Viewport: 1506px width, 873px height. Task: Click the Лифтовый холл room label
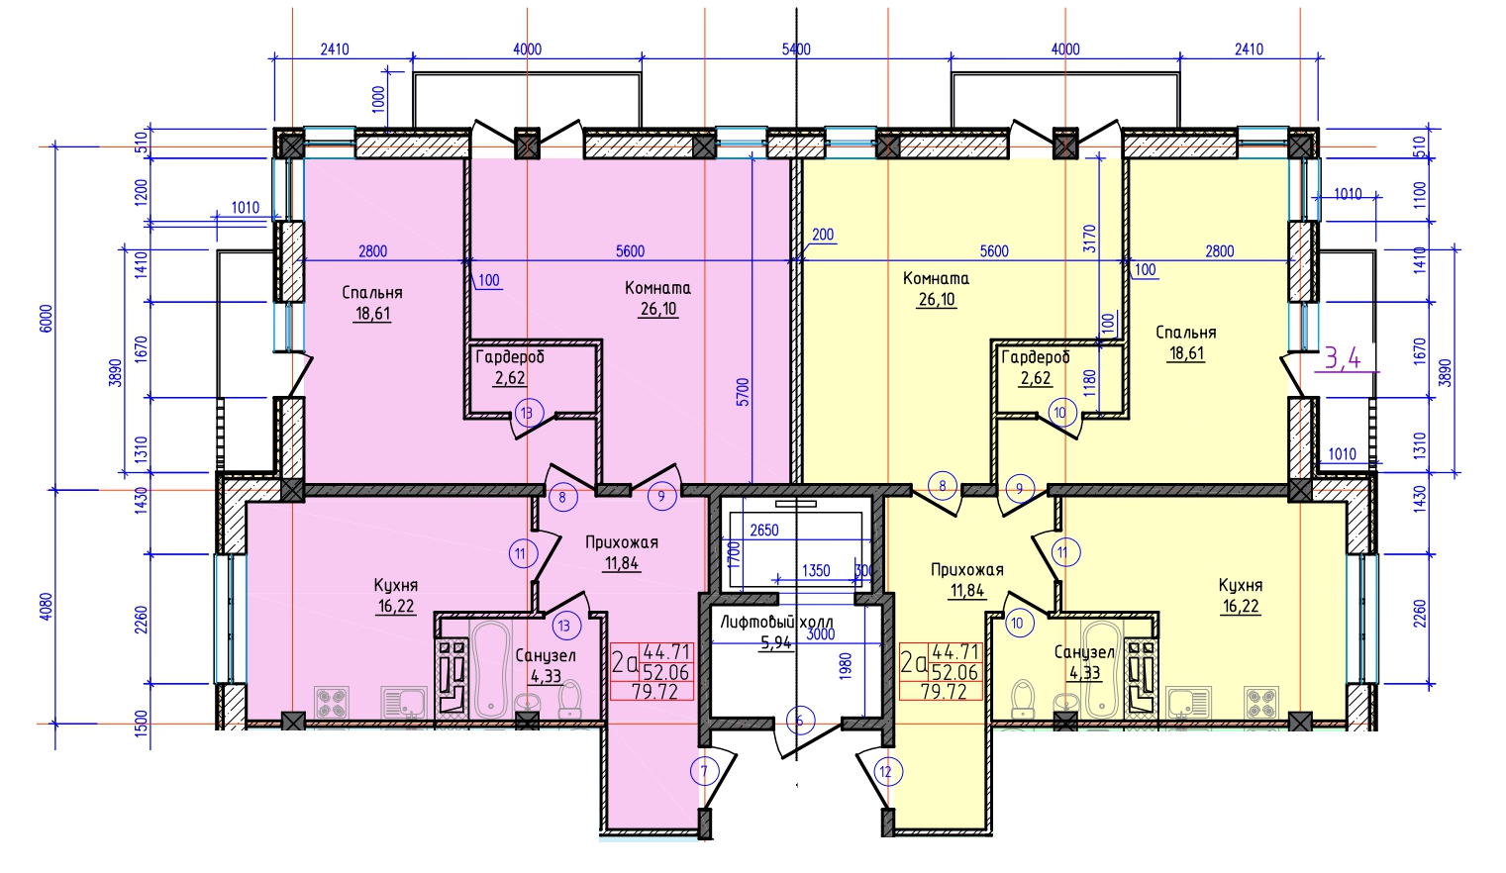776,622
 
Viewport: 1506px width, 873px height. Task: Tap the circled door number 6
799,722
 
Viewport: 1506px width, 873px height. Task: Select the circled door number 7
705,771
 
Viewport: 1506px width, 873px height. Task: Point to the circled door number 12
886,772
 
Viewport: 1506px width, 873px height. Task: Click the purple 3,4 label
1343,358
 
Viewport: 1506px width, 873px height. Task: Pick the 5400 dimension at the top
796,49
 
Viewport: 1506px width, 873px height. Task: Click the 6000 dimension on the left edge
46,318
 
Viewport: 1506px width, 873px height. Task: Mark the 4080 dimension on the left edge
46,606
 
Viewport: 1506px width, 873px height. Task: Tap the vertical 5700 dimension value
743,392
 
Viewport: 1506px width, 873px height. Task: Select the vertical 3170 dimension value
1090,238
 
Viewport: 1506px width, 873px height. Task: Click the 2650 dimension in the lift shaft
764,531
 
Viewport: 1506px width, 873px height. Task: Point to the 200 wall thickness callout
823,235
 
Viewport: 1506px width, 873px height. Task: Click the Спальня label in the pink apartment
371,292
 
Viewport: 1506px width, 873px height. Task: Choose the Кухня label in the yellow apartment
1241,585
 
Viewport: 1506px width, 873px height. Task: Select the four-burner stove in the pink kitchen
332,702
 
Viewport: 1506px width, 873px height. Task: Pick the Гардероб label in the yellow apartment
1036,357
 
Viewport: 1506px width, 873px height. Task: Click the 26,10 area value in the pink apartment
658,309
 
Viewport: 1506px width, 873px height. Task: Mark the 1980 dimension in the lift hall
846,666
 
